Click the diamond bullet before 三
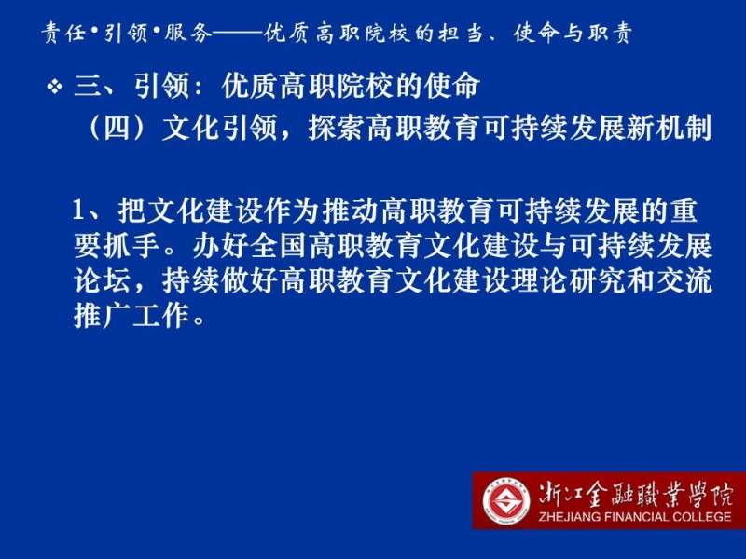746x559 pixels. click(x=55, y=87)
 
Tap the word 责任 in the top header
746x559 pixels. click(x=63, y=34)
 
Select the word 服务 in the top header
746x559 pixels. click(x=187, y=34)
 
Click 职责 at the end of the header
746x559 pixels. click(x=610, y=34)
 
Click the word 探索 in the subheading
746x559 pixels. click(x=337, y=128)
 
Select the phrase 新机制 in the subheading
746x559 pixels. click(x=669, y=128)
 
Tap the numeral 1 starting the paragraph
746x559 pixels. click(x=78, y=211)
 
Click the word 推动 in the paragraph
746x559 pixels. click(x=352, y=211)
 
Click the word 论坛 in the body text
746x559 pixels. click(x=103, y=280)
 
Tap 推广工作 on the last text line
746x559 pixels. click(x=131, y=315)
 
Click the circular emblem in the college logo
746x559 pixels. click(x=506, y=501)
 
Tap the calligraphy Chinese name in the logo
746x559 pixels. click(x=636, y=495)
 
